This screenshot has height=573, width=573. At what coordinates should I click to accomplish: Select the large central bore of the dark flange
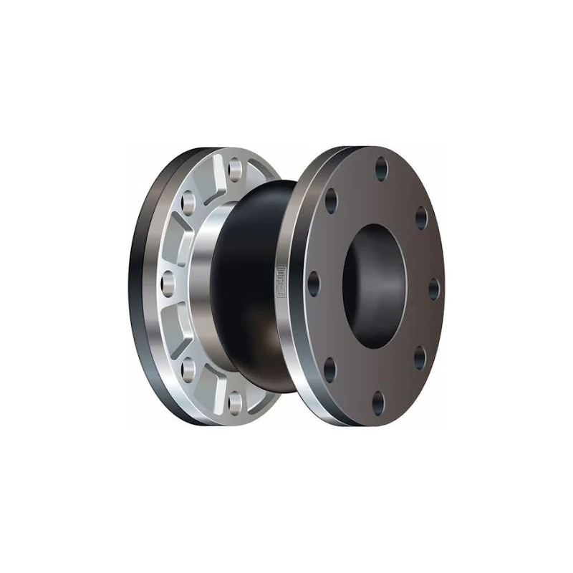coord(372,286)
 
